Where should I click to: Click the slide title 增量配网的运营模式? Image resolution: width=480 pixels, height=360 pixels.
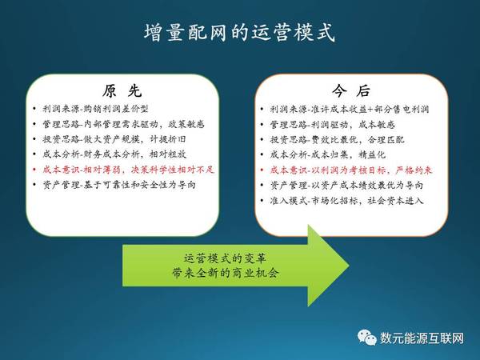(x=239, y=32)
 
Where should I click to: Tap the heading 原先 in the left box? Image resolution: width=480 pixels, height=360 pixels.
(x=122, y=90)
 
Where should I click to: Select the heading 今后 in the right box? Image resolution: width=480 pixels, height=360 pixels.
(x=351, y=90)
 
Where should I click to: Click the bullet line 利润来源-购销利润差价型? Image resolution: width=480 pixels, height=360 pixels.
(x=95, y=109)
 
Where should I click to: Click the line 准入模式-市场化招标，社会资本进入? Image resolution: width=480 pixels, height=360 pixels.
(x=346, y=201)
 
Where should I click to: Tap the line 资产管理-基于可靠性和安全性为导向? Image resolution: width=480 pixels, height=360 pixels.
(x=119, y=185)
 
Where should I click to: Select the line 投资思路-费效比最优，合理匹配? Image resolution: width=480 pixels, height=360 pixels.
(x=337, y=139)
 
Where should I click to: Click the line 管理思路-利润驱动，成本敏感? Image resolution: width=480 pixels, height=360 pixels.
(x=333, y=124)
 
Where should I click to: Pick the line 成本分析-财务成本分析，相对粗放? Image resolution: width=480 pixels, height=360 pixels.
(x=114, y=154)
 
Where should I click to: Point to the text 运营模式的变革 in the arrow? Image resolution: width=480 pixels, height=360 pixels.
(x=225, y=258)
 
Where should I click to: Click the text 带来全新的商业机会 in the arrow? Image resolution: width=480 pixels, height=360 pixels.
(x=225, y=273)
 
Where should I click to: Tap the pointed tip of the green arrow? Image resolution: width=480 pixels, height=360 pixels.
(x=349, y=266)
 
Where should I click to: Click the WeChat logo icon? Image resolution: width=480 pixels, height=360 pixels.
(x=366, y=338)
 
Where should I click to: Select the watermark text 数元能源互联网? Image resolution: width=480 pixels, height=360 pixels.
(x=422, y=338)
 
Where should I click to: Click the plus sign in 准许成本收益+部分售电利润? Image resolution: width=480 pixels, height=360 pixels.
(x=370, y=110)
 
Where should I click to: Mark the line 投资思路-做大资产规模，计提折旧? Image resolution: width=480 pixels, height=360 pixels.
(x=114, y=139)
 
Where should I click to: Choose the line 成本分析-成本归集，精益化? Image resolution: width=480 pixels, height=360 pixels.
(x=327, y=154)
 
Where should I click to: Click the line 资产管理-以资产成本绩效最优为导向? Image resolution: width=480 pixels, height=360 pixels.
(x=346, y=186)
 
